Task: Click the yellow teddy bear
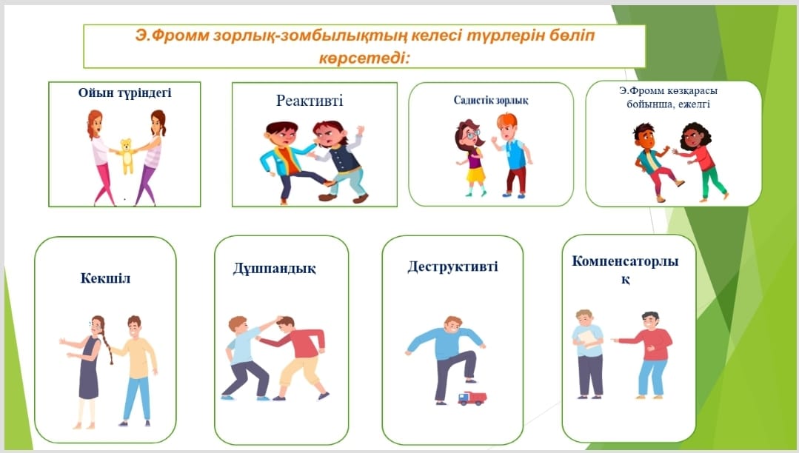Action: pyautogui.click(x=127, y=155)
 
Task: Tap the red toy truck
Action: pyautogui.click(x=472, y=398)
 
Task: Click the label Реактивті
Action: pyautogui.click(x=310, y=101)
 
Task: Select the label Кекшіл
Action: pyautogui.click(x=105, y=278)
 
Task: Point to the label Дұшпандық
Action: pyautogui.click(x=274, y=268)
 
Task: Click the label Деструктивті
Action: pyautogui.click(x=452, y=266)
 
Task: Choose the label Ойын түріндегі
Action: pyautogui.click(x=124, y=93)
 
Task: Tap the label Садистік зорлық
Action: pyautogui.click(x=491, y=100)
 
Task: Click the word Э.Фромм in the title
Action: pyautogui.click(x=173, y=36)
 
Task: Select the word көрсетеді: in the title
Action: pyautogui.click(x=364, y=58)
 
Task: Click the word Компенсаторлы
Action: pyautogui.click(x=625, y=261)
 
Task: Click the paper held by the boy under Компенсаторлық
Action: pyautogui.click(x=589, y=338)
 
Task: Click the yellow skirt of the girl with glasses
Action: pyautogui.click(x=475, y=175)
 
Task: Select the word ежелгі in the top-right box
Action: pyautogui.click(x=698, y=104)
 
